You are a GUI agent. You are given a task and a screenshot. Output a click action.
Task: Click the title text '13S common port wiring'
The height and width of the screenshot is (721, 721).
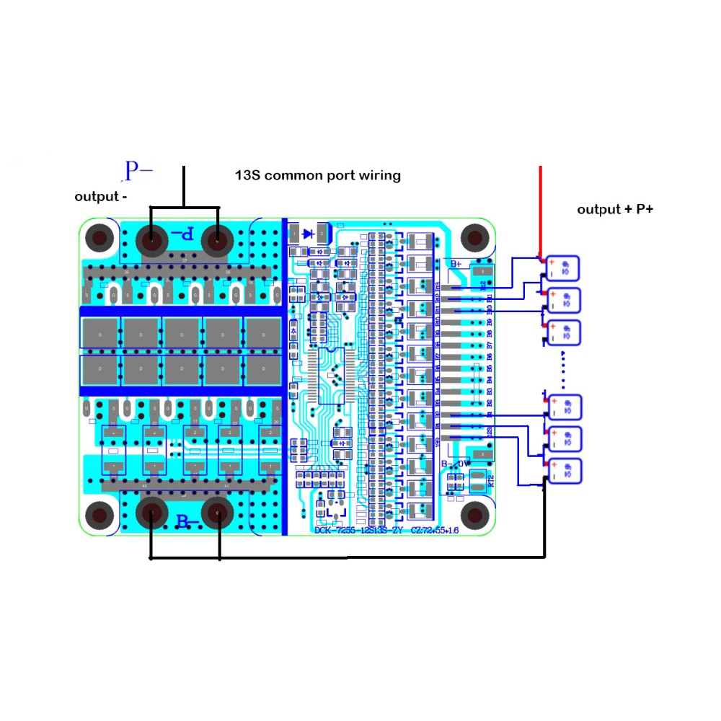point(317,175)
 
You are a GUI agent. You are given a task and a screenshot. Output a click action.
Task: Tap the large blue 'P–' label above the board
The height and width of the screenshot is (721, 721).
point(138,171)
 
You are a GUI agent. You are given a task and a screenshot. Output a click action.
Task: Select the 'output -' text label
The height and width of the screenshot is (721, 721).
point(102,197)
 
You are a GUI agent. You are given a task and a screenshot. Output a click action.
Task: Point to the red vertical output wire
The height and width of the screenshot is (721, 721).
point(541,209)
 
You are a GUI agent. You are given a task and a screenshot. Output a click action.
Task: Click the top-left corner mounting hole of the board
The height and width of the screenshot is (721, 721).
point(99,237)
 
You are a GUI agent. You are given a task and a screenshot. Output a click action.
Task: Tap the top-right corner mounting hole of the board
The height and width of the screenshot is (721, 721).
point(474,237)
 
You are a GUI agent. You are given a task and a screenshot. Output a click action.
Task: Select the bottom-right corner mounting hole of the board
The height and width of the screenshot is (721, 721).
point(474,514)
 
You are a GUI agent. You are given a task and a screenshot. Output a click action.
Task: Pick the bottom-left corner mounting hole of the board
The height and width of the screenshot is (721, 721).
point(99,515)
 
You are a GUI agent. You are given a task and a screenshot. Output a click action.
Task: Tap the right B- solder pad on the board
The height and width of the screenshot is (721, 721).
point(218,513)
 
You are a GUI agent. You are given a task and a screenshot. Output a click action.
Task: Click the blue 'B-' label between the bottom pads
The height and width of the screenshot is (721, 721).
point(187,521)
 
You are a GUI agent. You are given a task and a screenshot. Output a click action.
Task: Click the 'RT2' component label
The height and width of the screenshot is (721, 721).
point(491,480)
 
